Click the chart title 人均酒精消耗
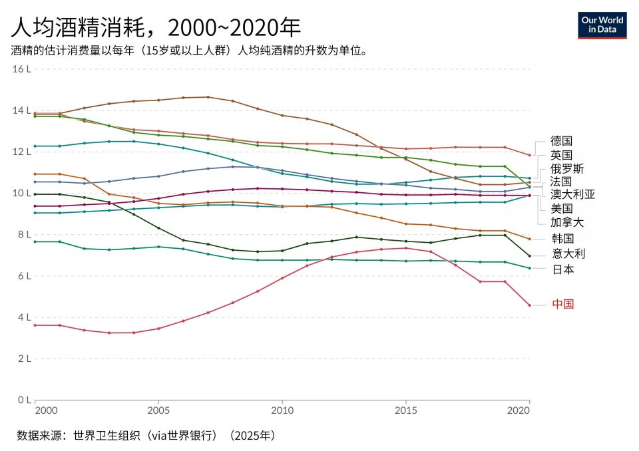click(x=156, y=27)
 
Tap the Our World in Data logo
click(x=602, y=25)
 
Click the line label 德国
click(x=561, y=141)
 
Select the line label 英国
click(x=561, y=155)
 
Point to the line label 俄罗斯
click(x=566, y=168)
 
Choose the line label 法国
click(x=561, y=181)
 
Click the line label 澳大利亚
click(x=572, y=194)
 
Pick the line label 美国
click(x=561, y=208)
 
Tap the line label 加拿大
click(x=566, y=222)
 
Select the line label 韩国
click(x=561, y=238)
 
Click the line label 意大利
click(x=566, y=253)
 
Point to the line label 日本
click(x=561, y=269)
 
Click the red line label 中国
click(x=562, y=304)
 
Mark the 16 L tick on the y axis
click(x=23, y=69)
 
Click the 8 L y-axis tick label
click(x=24, y=235)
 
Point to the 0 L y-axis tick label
click(x=24, y=400)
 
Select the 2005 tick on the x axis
click(x=158, y=412)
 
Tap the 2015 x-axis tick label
click(x=405, y=412)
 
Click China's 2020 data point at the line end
click(x=529, y=305)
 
